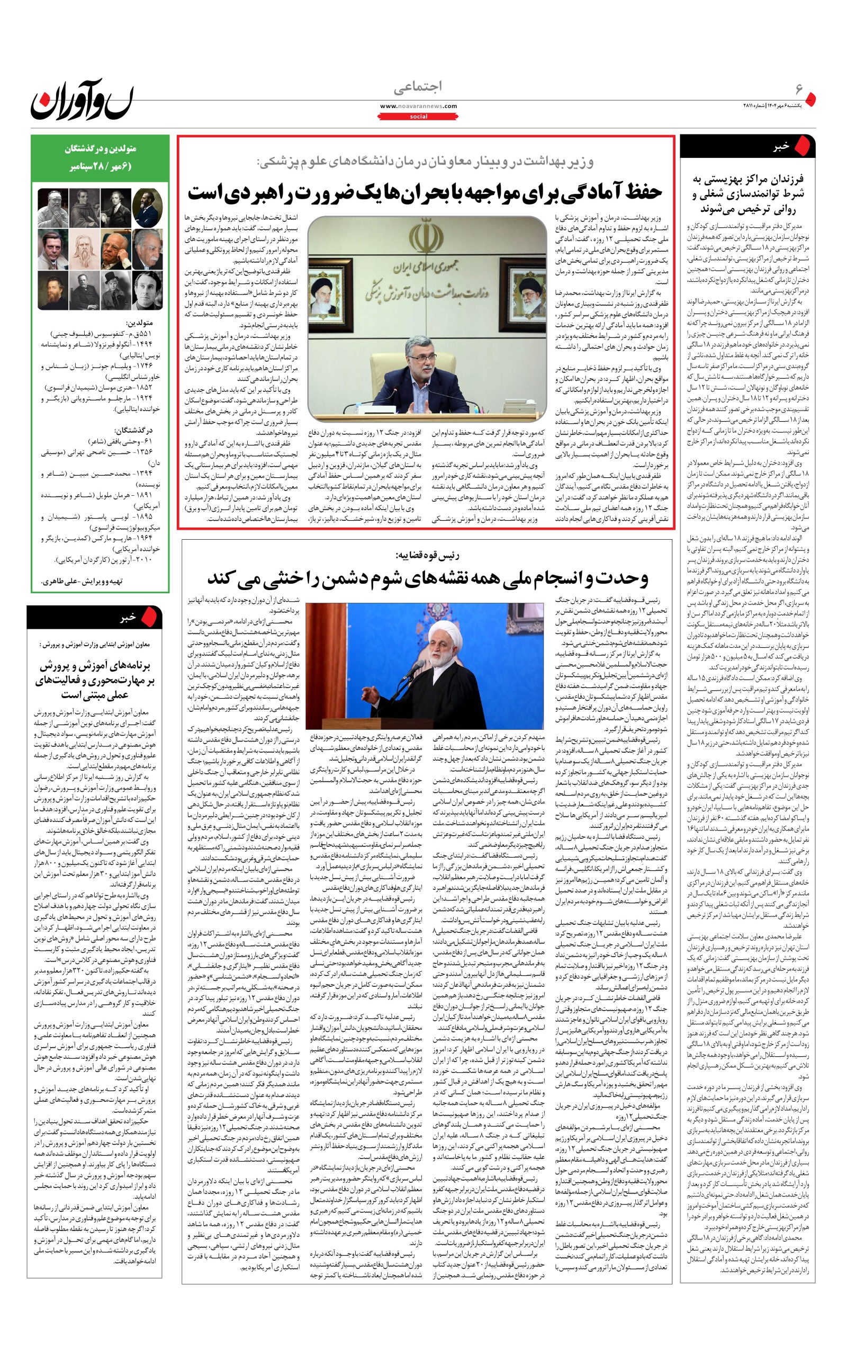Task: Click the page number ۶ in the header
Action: [799, 90]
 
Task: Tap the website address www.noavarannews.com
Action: [418, 106]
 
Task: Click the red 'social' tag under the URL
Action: [418, 117]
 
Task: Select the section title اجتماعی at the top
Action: [418, 87]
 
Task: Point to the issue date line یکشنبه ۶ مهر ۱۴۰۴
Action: [781, 106]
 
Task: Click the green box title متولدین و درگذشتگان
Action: [98, 150]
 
